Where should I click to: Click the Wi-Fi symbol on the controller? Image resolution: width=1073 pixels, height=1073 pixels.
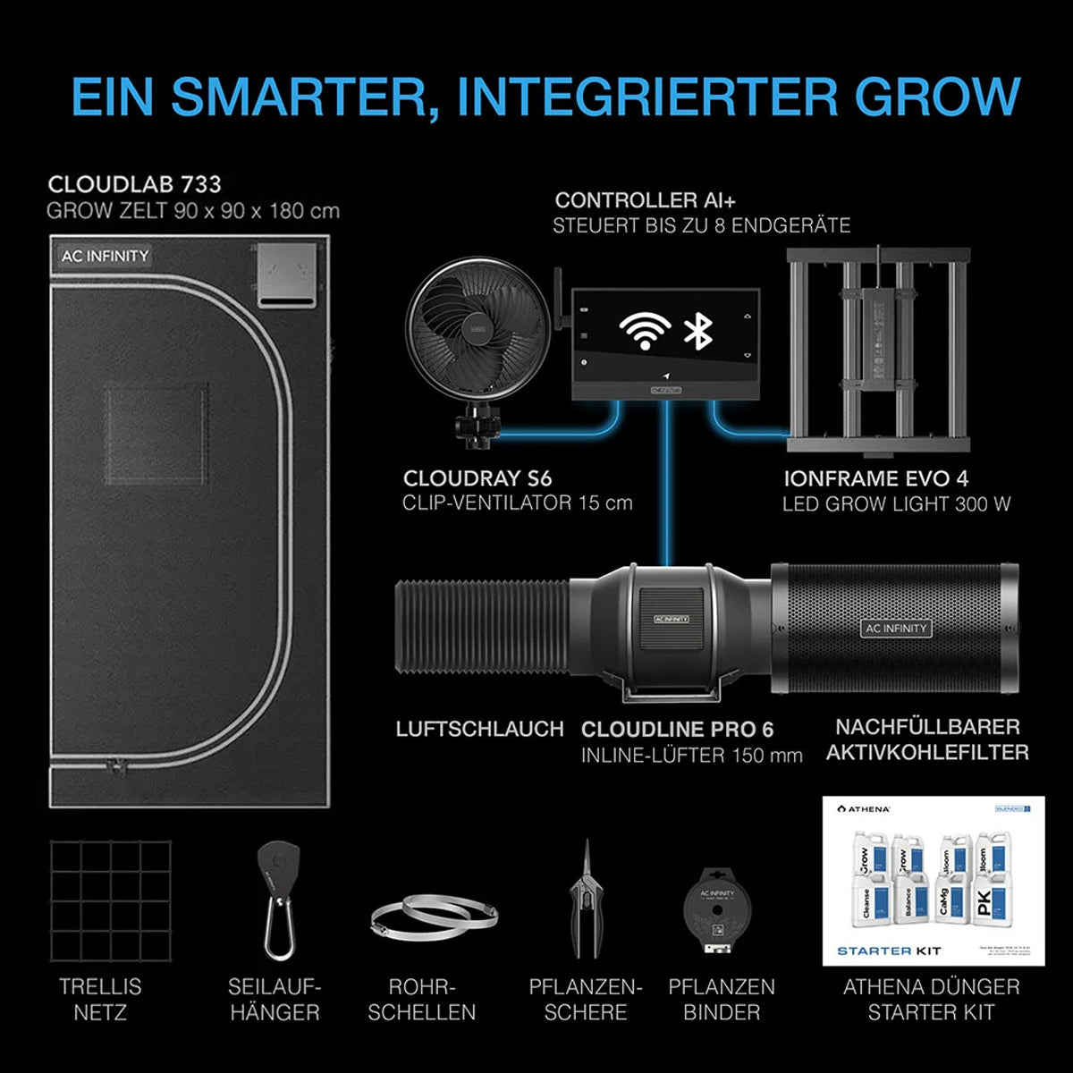click(645, 331)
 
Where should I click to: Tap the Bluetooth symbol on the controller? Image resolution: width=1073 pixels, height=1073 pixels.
click(697, 330)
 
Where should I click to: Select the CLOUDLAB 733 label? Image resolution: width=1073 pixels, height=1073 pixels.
click(134, 184)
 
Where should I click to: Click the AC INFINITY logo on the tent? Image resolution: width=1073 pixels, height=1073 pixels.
click(105, 256)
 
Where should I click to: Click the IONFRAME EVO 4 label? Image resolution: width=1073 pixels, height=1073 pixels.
click(875, 479)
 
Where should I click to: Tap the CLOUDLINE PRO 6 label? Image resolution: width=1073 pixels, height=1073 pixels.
click(677, 730)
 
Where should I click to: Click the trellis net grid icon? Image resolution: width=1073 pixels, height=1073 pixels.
click(110, 900)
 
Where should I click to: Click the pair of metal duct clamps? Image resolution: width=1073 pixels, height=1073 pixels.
click(434, 917)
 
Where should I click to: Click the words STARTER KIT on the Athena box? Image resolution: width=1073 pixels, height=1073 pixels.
click(889, 950)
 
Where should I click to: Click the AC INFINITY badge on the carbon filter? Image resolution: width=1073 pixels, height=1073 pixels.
click(896, 629)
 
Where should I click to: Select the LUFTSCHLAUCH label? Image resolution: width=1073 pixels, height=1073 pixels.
click(479, 729)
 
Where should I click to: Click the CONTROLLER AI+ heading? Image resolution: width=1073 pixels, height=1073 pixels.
click(645, 200)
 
